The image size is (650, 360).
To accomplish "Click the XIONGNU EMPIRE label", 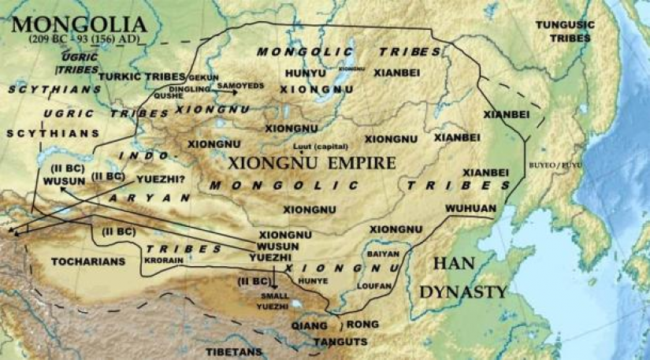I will pyautogui.click(x=300, y=163).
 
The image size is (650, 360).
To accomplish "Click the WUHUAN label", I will pyautogui.click(x=470, y=208).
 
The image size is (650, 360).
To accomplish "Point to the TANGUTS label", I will pyautogui.click(x=340, y=341).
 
